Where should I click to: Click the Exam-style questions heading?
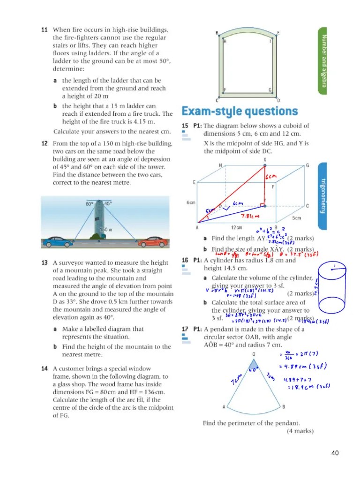coord(239,112)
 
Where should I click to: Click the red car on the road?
coord(152,242)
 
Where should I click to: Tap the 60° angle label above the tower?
coord(90,204)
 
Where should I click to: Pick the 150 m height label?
coord(106,230)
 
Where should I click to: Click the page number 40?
coord(335,453)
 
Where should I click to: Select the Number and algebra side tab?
coord(324,59)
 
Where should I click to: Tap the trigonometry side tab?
coord(323,196)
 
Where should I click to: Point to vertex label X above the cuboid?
coord(265,159)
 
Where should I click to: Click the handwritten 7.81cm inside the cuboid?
coord(251,217)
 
